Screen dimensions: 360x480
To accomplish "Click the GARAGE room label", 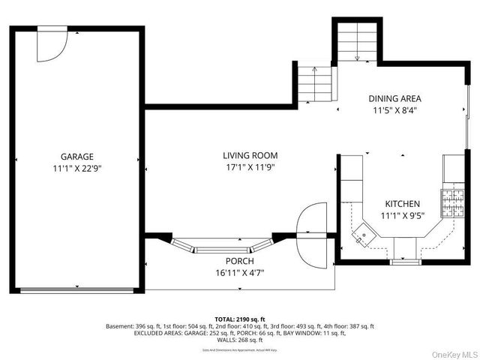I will [76, 156].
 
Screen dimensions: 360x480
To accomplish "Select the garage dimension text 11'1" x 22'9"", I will [76, 169].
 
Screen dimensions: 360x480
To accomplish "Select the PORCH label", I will [239, 261].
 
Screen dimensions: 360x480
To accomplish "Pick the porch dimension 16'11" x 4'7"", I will [239, 273].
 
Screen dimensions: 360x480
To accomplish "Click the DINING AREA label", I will [394, 98].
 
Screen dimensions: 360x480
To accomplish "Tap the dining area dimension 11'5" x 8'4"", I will [394, 110].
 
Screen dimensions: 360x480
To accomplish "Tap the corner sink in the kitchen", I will [363, 235].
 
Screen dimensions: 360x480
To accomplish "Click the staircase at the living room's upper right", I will [313, 82].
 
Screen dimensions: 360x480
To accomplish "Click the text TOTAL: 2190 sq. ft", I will [239, 319].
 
